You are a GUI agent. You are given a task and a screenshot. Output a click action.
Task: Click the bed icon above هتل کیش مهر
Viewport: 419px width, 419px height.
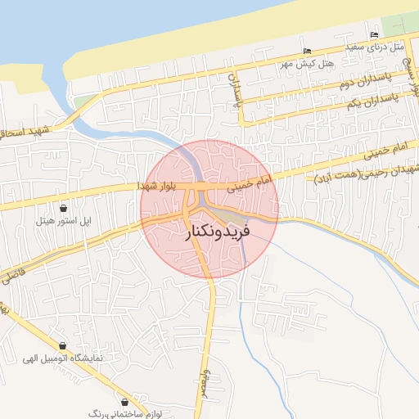click(307, 52)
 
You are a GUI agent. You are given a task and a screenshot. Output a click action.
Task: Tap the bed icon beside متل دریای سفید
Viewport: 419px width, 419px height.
click(374, 34)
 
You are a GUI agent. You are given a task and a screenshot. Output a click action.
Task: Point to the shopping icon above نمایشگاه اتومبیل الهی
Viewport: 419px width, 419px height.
click(64, 345)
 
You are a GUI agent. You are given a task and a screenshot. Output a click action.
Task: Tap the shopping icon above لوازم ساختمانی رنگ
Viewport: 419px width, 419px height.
click(124, 402)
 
